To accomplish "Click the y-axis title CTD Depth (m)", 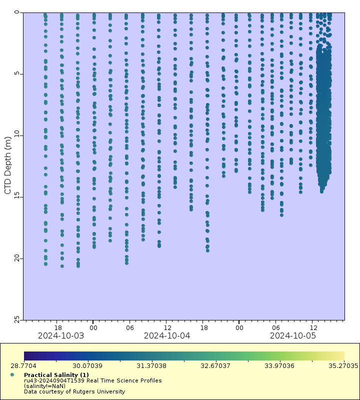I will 7,165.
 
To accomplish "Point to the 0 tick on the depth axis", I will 17,13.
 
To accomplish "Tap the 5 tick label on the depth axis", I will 17,74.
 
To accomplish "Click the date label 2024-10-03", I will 61,335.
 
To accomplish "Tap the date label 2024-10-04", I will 167,335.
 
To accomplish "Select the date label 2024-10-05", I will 293,335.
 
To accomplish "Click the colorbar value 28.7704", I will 24,366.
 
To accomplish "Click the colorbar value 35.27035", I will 343,366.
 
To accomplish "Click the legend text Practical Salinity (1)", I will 56,375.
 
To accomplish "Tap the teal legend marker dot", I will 11,374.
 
